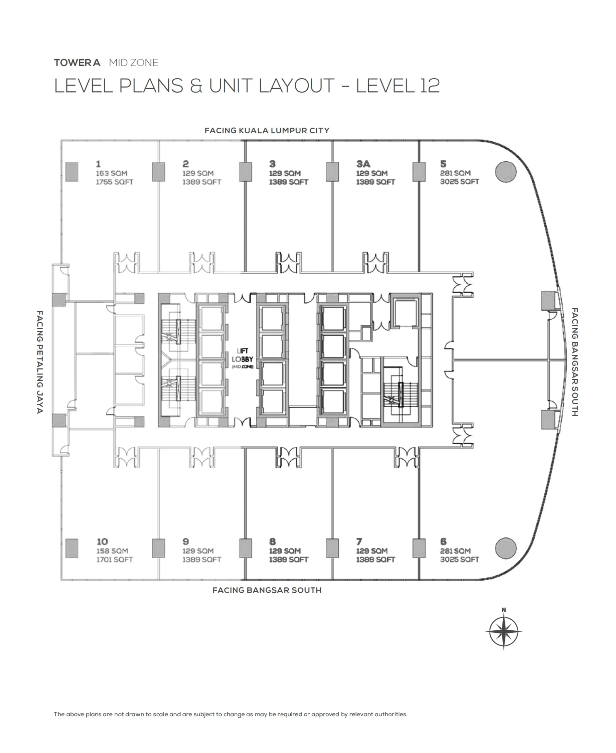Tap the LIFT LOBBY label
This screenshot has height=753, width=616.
[x=243, y=355]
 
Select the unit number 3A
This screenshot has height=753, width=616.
[x=363, y=164]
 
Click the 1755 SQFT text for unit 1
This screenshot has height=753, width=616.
[x=114, y=182]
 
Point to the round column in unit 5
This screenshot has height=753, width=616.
[x=505, y=172]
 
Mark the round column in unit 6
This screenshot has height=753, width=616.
[x=505, y=548]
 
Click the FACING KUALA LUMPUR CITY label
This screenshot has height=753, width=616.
[x=267, y=131]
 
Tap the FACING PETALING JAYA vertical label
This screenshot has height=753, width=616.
[x=40, y=362]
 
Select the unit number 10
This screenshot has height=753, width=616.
[x=102, y=542]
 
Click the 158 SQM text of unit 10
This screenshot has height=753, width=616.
[x=112, y=551]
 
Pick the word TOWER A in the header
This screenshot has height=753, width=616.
[x=77, y=63]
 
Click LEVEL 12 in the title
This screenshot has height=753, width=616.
[x=398, y=86]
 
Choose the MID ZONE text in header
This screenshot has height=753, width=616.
[x=133, y=63]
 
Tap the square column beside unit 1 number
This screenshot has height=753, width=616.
[x=72, y=172]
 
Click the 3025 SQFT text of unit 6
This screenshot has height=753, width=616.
[x=459, y=559]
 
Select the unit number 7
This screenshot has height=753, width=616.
[x=359, y=542]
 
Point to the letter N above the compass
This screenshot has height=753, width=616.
[x=503, y=610]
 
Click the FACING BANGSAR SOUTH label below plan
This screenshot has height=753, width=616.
[x=267, y=590]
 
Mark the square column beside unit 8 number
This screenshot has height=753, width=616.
[x=245, y=548]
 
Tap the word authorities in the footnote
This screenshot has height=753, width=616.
[x=391, y=714]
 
